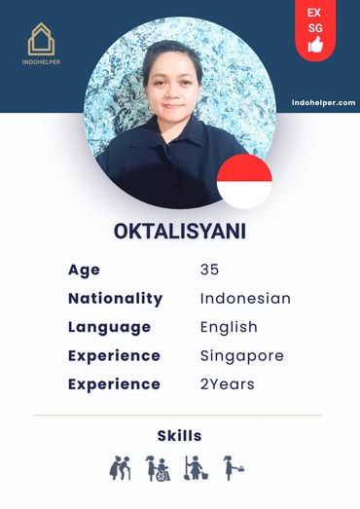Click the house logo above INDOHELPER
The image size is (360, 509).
(41, 39)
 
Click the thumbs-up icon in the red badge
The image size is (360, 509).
(315, 45)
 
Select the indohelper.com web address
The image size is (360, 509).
(323, 102)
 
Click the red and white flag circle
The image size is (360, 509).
(244, 181)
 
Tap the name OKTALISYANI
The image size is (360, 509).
(179, 234)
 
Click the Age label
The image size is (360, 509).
(84, 270)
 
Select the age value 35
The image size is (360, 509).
(210, 270)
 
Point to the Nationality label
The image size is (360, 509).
(115, 298)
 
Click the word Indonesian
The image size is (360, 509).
(245, 298)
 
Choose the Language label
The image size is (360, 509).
(109, 327)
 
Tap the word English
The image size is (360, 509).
(229, 327)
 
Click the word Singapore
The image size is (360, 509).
(241, 355)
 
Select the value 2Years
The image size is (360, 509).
(227, 383)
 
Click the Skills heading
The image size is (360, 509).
(179, 435)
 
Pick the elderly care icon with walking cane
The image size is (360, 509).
(120, 468)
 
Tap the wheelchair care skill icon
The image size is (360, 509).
(157, 468)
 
